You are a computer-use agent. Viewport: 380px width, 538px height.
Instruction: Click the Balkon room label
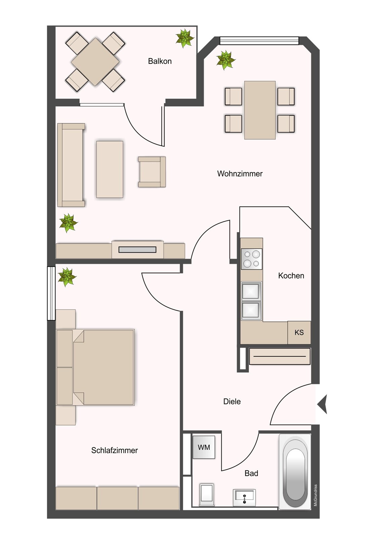[160, 61]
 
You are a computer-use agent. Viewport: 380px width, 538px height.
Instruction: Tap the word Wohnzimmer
[240, 174]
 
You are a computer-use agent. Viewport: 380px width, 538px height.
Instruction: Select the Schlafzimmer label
[114, 450]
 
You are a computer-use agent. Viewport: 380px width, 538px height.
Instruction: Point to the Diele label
[232, 401]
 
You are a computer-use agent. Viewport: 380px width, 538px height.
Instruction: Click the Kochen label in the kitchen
[291, 276]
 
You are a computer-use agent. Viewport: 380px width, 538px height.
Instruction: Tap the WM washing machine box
[204, 448]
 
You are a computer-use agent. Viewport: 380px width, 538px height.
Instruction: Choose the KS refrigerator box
[299, 333]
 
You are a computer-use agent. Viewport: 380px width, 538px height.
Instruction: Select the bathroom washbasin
[244, 497]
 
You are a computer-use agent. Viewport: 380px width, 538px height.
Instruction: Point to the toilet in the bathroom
[207, 494]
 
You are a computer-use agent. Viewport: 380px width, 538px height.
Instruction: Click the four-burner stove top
[252, 259]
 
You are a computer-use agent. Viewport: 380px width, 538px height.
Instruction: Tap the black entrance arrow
[323, 404]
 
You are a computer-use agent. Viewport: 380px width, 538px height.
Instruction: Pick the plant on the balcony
[184, 38]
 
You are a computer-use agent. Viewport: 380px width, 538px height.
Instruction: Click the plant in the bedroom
[67, 277]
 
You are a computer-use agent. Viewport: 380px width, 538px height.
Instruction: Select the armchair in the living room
[152, 172]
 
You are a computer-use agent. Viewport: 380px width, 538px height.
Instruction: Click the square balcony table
[95, 62]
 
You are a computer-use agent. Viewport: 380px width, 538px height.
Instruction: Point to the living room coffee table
[110, 169]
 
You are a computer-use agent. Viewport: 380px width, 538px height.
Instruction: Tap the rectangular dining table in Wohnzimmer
[260, 110]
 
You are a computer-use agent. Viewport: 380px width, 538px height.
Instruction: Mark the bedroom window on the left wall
[51, 293]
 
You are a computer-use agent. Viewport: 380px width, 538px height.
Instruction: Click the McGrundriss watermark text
[315, 495]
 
